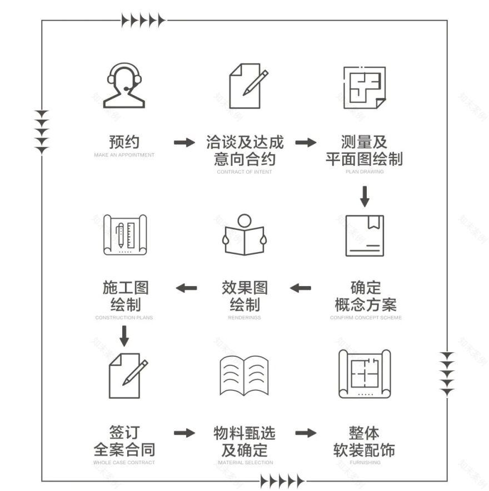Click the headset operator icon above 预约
point(124,86)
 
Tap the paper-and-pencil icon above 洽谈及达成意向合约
point(246,86)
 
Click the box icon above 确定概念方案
point(365,235)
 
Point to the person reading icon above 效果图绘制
point(244,235)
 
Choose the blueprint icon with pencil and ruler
point(125,235)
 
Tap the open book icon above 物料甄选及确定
point(244,376)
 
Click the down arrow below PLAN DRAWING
point(365,197)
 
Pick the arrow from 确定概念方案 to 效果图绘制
point(300,288)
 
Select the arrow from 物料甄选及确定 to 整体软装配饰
point(306,433)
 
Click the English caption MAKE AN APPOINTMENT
point(124,155)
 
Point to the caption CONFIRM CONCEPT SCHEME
point(365,318)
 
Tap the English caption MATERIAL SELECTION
point(245,463)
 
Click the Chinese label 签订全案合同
point(124,441)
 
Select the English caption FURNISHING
point(365,463)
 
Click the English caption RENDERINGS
point(244,318)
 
